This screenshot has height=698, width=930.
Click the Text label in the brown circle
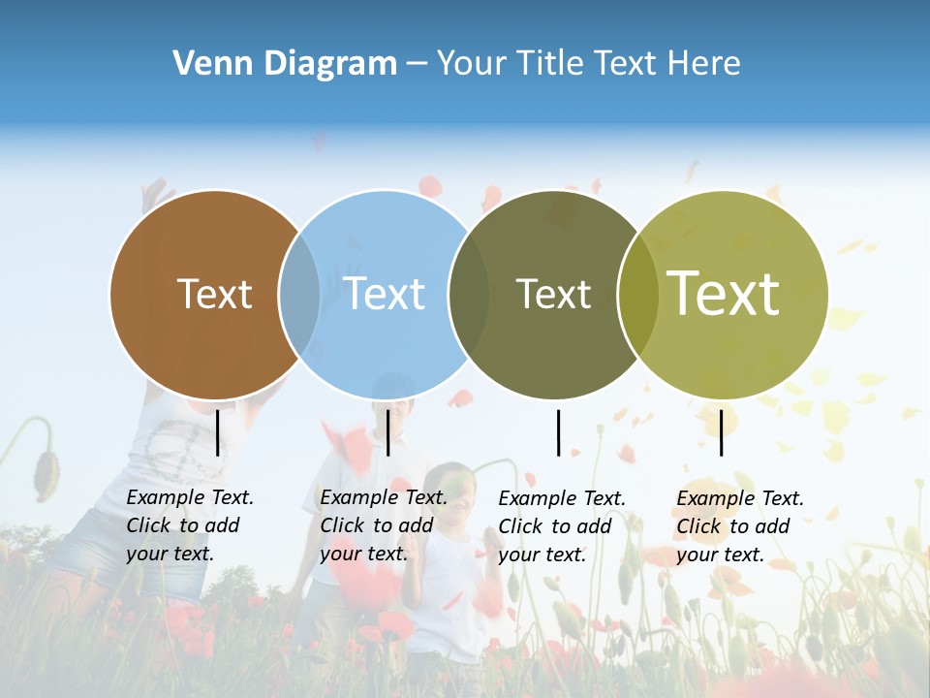coord(214,294)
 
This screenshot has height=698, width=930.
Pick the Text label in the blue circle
coord(385,294)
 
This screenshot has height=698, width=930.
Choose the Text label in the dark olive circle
coord(553,294)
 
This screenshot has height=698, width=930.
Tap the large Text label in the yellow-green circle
coord(724,294)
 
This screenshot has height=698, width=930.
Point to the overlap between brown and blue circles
coord(299,295)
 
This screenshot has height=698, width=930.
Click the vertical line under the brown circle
coord(218,432)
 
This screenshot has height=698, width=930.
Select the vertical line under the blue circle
coord(387,432)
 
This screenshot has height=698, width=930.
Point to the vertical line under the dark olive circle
coord(558,432)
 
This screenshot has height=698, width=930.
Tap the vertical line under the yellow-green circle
coord(721,432)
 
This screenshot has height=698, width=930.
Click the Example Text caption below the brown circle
coord(189,525)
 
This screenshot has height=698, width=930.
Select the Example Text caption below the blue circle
coord(383,525)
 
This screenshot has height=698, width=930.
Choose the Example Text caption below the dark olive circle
coord(561,526)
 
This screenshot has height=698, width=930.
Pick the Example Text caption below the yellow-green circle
coord(739,526)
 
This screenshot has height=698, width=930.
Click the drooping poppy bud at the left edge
coord(45,470)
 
